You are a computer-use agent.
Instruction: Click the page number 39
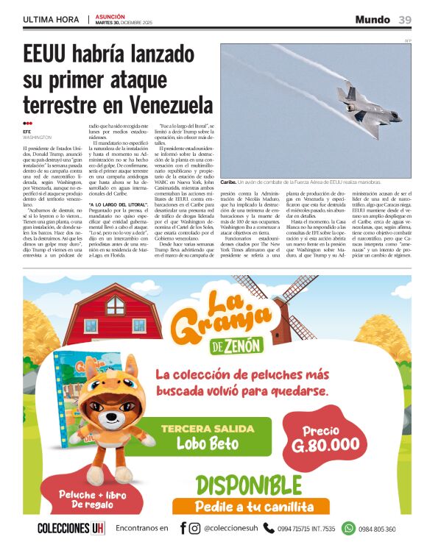coord(405,19)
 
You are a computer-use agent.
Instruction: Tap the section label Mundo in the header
coord(373,19)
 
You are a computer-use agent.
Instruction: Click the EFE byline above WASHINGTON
coord(27,132)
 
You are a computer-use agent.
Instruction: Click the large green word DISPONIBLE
coord(249,485)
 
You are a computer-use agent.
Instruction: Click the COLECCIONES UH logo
coord(71,528)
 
